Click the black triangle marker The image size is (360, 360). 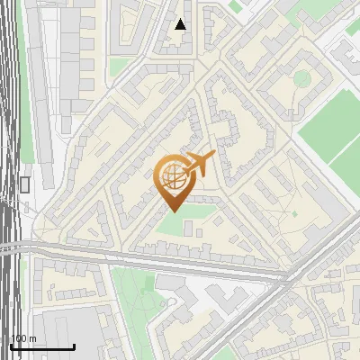click(x=181, y=24)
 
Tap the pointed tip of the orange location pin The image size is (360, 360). click(x=172, y=211)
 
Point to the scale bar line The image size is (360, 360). click(x=42, y=347)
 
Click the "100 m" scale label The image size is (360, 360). click(x=24, y=338)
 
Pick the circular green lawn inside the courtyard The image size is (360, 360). click(x=301, y=78)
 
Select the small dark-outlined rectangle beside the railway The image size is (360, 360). click(x=24, y=184)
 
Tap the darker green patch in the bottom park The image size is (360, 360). click(x=148, y=284)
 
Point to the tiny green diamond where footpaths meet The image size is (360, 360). click(x=293, y=213)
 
